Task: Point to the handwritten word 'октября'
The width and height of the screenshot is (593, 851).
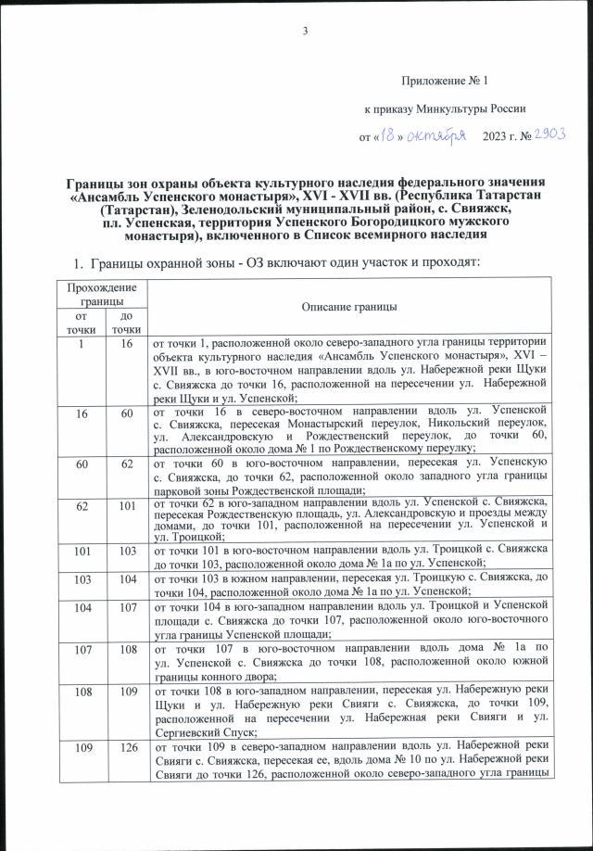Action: point(436,136)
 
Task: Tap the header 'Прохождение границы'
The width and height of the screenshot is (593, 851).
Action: point(95,296)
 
